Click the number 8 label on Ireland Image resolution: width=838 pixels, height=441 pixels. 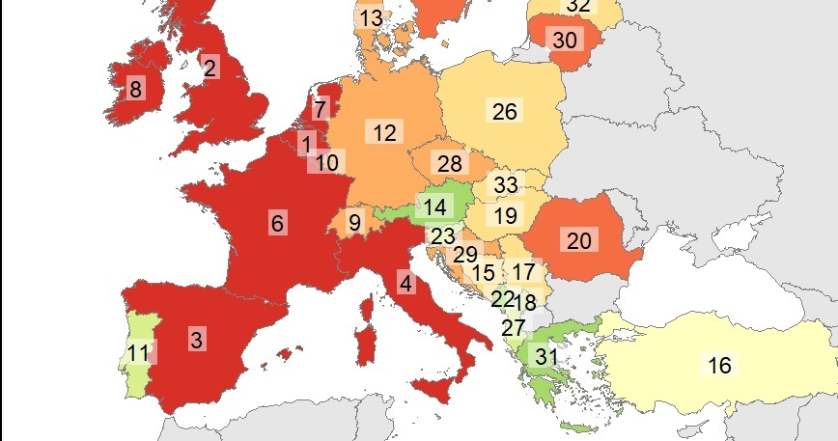tap(135, 90)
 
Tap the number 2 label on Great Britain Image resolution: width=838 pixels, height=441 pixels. tap(209, 68)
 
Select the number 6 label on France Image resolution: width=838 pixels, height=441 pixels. tap(277, 223)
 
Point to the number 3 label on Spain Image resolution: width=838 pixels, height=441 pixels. tap(405, 284)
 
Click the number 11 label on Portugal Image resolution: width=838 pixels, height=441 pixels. tap(139, 352)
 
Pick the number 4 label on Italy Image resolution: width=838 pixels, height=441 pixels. tap(405, 284)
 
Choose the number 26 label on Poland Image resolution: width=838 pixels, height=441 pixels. tap(504, 111)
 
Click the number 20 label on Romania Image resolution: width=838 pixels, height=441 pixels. tap(578, 240)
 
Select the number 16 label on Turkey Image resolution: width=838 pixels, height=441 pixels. tap(719, 365)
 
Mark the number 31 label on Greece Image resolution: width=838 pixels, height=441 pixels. tap(547, 356)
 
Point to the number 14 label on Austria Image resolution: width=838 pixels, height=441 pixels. tap(434, 207)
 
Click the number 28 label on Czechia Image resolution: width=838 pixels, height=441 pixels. tap(450, 163)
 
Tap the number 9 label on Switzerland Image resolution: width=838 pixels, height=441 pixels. tap(354, 223)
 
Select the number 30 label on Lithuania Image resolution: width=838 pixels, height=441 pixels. tap(565, 40)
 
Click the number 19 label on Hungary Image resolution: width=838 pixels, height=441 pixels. tap(506, 215)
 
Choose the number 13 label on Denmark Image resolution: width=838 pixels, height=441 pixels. tap(370, 17)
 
